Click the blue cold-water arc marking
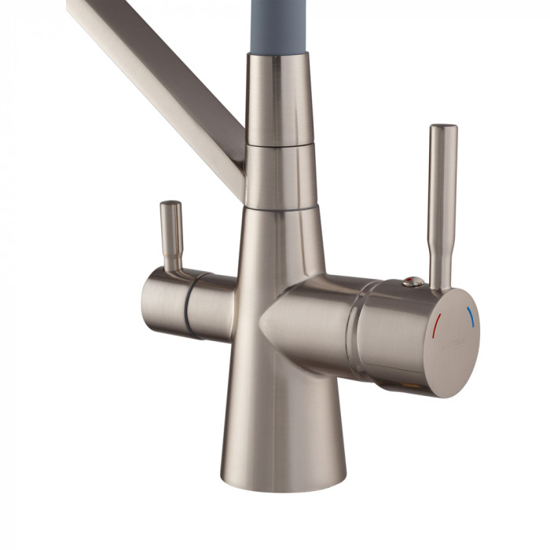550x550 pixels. click(470, 315)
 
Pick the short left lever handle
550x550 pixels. click(171, 236)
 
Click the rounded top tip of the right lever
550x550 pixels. click(443, 127)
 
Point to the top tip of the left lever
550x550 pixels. click(170, 204)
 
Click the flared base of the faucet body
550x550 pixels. click(283, 424)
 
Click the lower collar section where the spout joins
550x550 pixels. click(281, 177)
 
